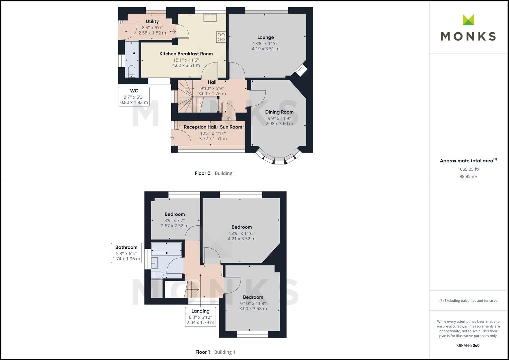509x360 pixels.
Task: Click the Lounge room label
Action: (x=265, y=37)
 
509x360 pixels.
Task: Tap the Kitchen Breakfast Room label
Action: (x=186, y=54)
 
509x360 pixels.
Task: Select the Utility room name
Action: (x=152, y=21)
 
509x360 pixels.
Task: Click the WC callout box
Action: (x=134, y=96)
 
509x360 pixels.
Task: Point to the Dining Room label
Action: (x=279, y=112)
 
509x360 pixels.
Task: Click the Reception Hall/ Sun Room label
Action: (x=213, y=127)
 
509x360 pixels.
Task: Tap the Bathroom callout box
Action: (x=126, y=253)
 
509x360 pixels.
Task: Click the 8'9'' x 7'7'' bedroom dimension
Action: (x=174, y=220)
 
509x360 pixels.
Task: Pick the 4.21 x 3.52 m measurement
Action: (x=241, y=239)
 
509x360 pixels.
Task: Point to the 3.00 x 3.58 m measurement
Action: (x=253, y=309)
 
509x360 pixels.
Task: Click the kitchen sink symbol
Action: (x=210, y=17)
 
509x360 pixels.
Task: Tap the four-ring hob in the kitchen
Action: (x=221, y=37)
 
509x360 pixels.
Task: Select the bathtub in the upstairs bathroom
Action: (x=166, y=249)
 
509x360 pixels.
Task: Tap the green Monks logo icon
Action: (x=468, y=20)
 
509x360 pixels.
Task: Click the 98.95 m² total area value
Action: (x=468, y=176)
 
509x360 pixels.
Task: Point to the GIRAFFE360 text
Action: (x=468, y=345)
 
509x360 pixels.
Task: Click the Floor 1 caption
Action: (x=203, y=352)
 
